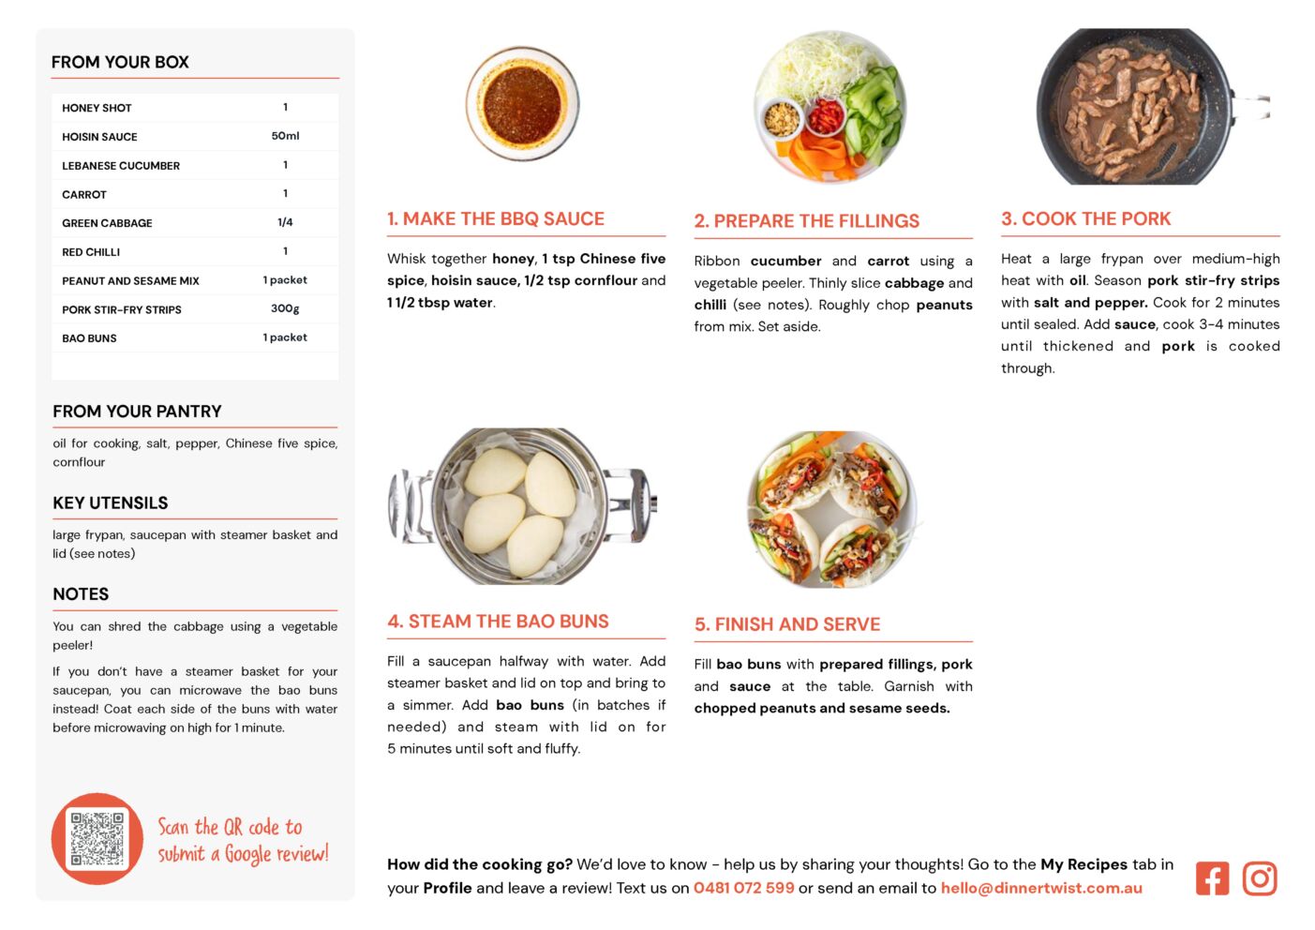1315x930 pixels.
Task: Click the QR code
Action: (x=97, y=838)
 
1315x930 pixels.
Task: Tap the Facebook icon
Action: (x=1212, y=878)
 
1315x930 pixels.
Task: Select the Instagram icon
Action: (x=1260, y=878)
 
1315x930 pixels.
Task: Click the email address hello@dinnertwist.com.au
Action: (x=1041, y=888)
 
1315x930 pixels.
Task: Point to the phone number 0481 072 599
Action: (x=744, y=888)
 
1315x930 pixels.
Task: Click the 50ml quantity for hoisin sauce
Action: (x=285, y=136)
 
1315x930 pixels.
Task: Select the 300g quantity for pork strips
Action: (x=285, y=308)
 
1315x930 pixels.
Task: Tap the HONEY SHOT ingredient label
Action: (x=97, y=108)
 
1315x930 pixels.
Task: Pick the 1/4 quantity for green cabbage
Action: (x=285, y=222)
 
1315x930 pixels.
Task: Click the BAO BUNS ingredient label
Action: (x=89, y=338)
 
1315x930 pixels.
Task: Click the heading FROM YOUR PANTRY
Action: (x=138, y=411)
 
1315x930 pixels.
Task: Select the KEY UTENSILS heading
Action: (x=111, y=502)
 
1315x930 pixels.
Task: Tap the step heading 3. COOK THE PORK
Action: (x=1086, y=218)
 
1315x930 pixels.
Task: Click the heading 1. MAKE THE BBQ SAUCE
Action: (x=496, y=218)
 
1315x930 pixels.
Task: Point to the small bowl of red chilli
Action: (x=826, y=116)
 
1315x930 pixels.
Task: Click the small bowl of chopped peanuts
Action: (x=782, y=119)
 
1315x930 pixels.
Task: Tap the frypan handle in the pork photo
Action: (x=1251, y=107)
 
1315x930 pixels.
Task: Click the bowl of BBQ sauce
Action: (x=522, y=103)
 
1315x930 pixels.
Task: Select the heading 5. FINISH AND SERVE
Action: (x=787, y=624)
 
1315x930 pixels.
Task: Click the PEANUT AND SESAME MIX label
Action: (x=130, y=280)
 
